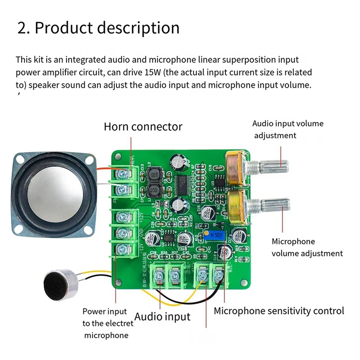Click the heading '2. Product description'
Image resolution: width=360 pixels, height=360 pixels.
point(98,28)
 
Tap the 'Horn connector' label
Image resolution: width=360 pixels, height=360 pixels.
point(143,126)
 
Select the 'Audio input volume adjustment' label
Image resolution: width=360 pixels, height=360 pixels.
point(288,129)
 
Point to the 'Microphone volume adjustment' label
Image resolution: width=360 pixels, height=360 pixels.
point(307,247)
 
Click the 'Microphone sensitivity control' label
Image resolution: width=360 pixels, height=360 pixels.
point(279,310)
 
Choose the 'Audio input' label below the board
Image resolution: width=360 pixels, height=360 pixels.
point(162,316)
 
